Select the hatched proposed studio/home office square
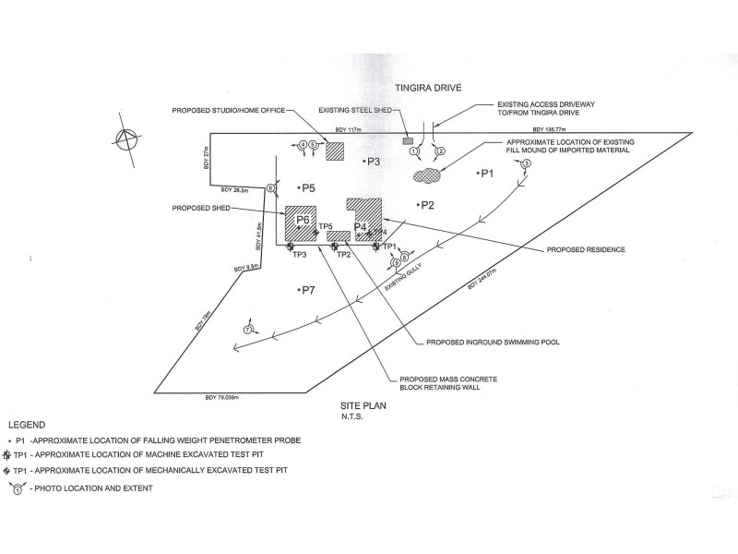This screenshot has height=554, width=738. pos(335,151)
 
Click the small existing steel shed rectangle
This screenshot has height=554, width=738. pos(407,141)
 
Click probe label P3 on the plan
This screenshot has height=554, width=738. pos(372,163)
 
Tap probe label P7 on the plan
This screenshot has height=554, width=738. pos(307,290)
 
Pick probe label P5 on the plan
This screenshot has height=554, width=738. pos(307,187)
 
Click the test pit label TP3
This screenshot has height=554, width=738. pos(298,255)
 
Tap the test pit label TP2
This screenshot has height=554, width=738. pos(343,255)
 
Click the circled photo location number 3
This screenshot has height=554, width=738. pos(527,163)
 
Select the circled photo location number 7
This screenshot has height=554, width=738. pos(247,330)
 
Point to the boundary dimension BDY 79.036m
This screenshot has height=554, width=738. pos(222,397)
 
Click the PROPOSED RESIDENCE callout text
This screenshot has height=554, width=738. pos(586,249)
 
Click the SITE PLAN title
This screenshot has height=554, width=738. pos(358,406)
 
